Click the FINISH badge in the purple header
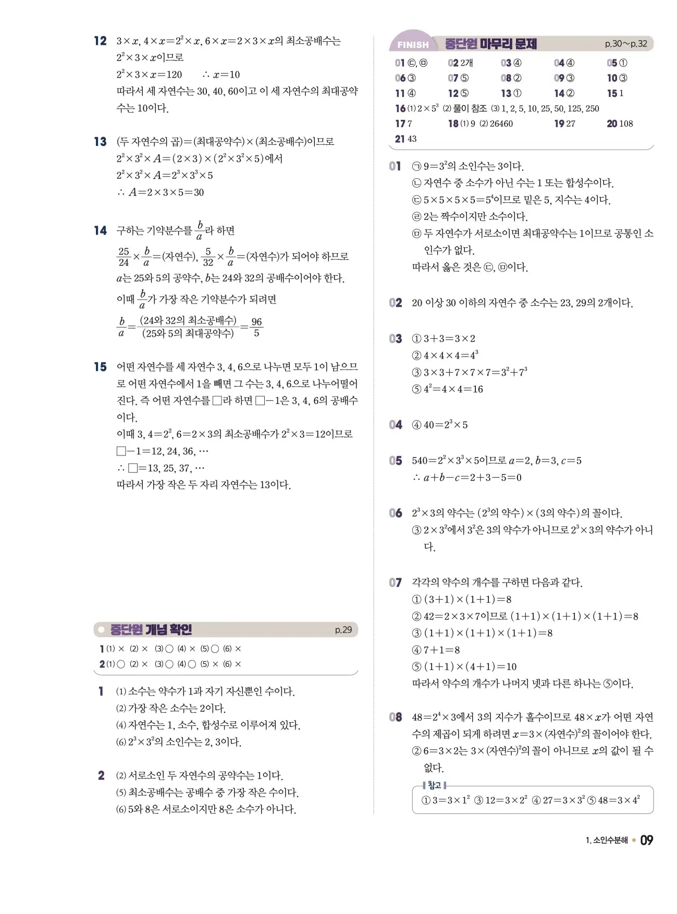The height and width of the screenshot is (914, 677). point(413,45)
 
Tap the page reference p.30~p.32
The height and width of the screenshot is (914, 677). point(625,44)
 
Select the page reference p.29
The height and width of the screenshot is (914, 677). point(343,629)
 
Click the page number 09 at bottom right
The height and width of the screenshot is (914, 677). point(646,840)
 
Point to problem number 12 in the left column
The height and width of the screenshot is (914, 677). point(100,41)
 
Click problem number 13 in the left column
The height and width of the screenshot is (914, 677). point(100,142)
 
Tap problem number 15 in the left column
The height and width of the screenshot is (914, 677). point(100,367)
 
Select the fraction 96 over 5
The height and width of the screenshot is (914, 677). point(256,327)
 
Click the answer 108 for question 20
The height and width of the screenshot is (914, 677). point(626,123)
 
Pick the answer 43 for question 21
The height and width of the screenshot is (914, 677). point(412,139)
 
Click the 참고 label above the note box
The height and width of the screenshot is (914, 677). point(434,785)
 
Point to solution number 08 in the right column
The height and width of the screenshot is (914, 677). point(396,717)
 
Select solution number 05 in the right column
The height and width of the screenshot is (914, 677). point(396,461)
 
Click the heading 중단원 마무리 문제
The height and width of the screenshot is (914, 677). point(490,44)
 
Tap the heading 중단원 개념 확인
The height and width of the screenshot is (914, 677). point(151,629)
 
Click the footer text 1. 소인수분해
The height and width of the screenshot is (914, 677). point(607,840)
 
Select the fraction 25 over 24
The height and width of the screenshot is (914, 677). point(124,256)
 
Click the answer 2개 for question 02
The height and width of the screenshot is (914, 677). point(466,63)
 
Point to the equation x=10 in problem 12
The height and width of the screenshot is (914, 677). point(226,75)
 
